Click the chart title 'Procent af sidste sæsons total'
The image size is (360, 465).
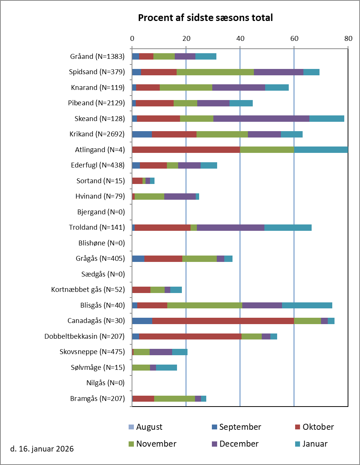(205, 18)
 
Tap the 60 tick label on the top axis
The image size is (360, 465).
(294, 38)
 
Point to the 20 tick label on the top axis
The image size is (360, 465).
(186, 38)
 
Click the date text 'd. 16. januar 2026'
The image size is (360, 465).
(42, 449)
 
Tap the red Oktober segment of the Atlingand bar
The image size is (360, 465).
(186, 150)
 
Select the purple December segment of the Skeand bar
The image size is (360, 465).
(261, 118)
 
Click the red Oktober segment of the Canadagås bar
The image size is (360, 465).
(223, 321)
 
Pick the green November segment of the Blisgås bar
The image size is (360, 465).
(204, 305)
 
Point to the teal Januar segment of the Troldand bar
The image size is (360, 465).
(288, 227)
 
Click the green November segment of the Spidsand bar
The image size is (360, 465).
(215, 72)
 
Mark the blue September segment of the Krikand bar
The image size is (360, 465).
(142, 134)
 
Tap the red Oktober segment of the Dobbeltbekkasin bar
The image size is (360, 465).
(190, 336)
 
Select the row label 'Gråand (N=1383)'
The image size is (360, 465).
(97, 57)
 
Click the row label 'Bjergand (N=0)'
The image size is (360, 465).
(101, 212)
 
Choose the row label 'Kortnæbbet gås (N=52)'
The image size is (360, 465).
(88, 290)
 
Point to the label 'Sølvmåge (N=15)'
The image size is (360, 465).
(97, 367)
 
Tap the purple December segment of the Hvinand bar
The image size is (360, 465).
(180, 196)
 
